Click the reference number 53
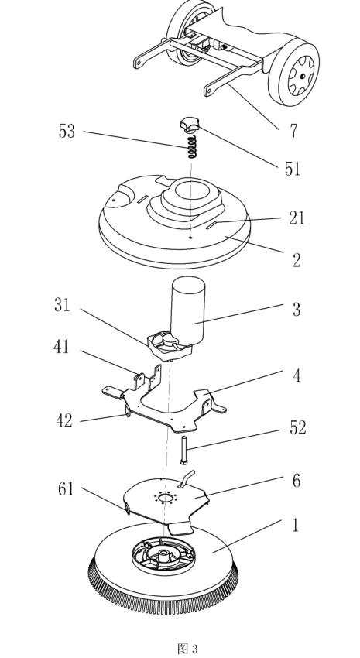[67, 132]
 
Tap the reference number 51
[293, 169]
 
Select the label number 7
[293, 132]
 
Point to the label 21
[297, 218]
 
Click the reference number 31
[62, 305]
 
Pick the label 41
[61, 347]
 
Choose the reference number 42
[64, 420]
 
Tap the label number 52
[298, 427]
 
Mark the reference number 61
[66, 489]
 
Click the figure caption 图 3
[187, 649]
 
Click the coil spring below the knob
[192, 146]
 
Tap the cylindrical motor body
[187, 310]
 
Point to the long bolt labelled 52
[184, 451]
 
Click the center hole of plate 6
[166, 498]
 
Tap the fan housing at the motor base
[169, 344]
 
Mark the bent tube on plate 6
[186, 479]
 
